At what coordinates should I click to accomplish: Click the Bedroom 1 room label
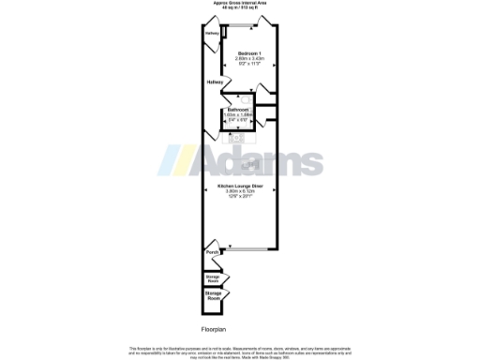point(248,52)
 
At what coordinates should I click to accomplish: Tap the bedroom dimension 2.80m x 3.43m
point(248,58)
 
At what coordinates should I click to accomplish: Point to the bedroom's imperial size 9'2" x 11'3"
point(248,64)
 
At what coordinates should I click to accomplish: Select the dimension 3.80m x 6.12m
point(241,192)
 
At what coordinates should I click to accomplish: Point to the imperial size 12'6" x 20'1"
point(241,198)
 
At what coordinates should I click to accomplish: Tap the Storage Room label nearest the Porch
point(213,278)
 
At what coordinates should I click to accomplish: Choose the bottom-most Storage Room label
point(213,297)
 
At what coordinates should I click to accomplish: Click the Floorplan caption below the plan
point(214,330)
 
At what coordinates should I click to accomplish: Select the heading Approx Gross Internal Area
point(240,3)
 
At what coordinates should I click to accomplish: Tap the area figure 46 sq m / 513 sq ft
point(240,7)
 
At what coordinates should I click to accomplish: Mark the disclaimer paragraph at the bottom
point(240,352)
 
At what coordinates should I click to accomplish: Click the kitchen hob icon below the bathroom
point(236,138)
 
